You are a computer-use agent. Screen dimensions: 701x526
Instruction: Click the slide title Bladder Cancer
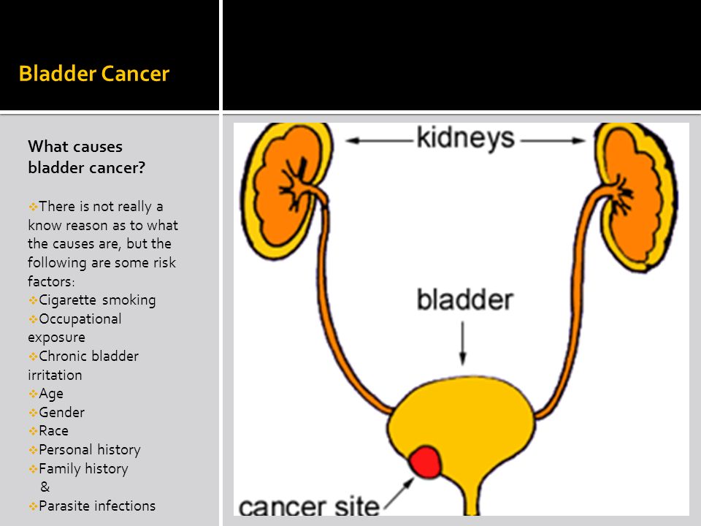(x=94, y=74)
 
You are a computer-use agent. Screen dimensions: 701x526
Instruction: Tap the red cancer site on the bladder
(x=425, y=462)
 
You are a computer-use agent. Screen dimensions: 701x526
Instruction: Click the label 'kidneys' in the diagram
(x=465, y=138)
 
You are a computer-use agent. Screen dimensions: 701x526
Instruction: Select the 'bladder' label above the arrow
(x=464, y=300)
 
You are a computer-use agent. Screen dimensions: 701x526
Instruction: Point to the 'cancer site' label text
(x=308, y=506)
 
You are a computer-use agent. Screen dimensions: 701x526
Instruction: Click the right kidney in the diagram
(x=637, y=197)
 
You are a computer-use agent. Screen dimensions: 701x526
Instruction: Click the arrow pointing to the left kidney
(x=379, y=141)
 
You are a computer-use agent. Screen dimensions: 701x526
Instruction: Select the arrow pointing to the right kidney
(x=553, y=141)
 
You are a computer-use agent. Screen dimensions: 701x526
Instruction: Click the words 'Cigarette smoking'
(x=97, y=300)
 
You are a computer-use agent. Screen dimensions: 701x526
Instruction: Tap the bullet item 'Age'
(x=51, y=394)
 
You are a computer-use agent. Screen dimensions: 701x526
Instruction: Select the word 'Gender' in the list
(x=61, y=412)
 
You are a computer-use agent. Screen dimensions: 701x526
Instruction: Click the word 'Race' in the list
(x=53, y=431)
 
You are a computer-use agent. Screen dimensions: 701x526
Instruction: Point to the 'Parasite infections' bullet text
(x=97, y=506)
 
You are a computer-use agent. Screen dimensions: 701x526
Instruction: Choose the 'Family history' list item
(x=83, y=468)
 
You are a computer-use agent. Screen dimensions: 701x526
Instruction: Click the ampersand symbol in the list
(x=45, y=487)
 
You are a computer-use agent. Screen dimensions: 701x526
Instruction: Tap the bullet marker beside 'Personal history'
(x=33, y=450)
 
